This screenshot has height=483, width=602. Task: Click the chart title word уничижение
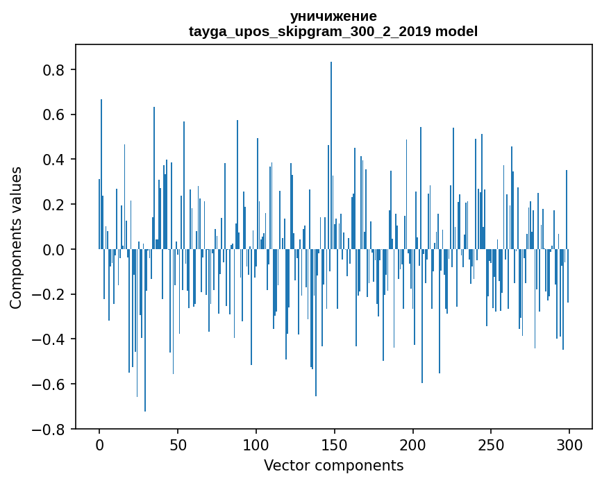[x=333, y=16]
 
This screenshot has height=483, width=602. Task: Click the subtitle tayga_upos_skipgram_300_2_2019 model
[x=333, y=31]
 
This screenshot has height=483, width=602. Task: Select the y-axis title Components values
[x=16, y=237]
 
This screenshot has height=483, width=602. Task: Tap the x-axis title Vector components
[x=333, y=465]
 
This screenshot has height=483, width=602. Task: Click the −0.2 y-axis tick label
[x=51, y=294]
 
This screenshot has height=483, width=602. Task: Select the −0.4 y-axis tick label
[x=51, y=339]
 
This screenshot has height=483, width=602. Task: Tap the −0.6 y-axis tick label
[x=51, y=384]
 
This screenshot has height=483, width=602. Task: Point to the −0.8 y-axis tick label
[x=51, y=429]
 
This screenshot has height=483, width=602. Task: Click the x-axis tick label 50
[x=178, y=444]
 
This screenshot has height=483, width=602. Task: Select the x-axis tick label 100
[x=256, y=444]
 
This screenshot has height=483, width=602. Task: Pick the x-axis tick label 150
[x=335, y=444]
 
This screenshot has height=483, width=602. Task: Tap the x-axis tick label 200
[x=413, y=444]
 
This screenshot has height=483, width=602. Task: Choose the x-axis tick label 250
[x=491, y=444]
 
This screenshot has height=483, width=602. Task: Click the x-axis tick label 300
[x=569, y=444]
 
